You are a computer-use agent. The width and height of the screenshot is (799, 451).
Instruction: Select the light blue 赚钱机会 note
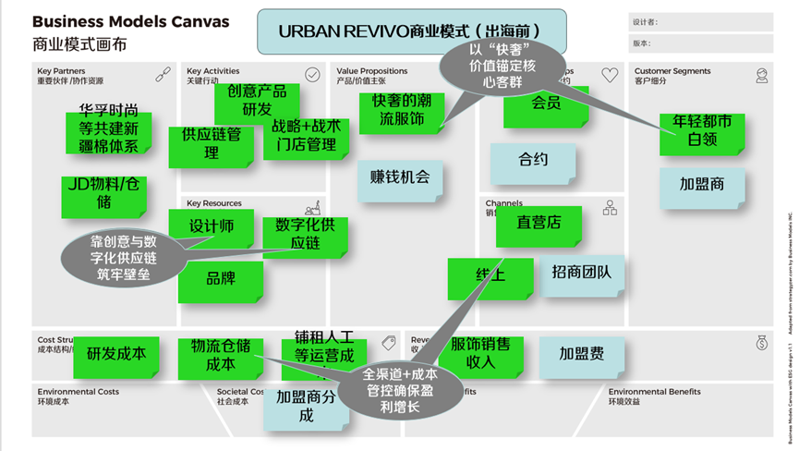400,177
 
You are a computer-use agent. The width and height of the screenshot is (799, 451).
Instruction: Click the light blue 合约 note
533,160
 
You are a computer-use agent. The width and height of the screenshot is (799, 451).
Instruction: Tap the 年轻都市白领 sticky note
702,133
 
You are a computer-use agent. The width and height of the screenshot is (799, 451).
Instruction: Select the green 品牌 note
220,279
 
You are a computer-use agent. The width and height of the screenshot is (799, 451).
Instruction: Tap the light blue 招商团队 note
587,274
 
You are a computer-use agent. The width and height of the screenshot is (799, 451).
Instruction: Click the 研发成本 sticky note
116,354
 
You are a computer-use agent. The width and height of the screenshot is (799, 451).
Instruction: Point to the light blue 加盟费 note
582,354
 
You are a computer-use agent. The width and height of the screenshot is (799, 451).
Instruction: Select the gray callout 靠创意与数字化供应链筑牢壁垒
124,258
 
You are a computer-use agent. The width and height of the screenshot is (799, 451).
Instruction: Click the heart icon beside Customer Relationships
609,74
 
